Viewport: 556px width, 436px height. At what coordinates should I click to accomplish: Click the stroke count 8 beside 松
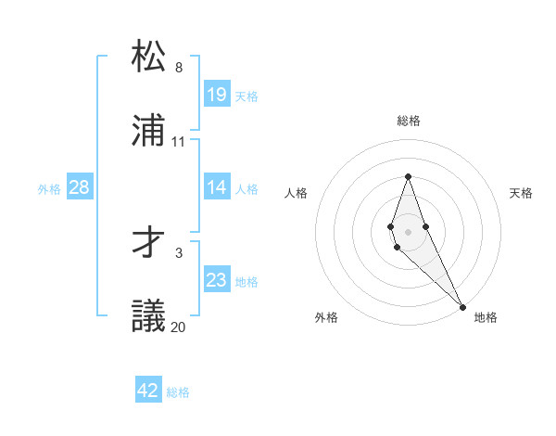(179, 68)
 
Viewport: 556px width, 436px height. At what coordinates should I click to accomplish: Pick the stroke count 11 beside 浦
(179, 142)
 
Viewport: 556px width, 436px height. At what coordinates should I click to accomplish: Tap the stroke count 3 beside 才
(179, 252)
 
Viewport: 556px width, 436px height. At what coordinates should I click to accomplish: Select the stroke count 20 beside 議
(179, 327)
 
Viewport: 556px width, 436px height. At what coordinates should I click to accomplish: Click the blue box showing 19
(217, 95)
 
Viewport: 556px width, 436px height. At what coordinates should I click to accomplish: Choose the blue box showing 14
(217, 187)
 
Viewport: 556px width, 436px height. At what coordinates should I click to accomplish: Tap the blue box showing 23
(217, 280)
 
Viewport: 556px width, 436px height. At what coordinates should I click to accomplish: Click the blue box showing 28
(80, 187)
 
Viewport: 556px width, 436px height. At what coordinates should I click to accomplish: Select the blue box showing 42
(148, 391)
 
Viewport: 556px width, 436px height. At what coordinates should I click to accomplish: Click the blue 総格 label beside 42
(178, 392)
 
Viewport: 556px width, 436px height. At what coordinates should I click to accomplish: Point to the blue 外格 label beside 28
(49, 189)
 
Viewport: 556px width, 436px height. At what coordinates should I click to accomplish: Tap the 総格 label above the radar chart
(409, 121)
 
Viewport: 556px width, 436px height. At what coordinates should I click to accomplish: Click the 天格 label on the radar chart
(522, 193)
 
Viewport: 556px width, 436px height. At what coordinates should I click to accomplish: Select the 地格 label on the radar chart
(486, 317)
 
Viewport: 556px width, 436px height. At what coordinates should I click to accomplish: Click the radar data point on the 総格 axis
(408, 176)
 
